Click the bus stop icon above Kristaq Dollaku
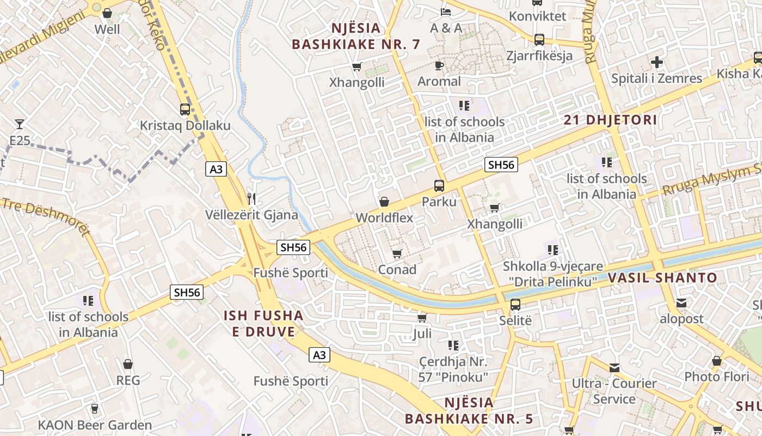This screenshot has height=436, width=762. tap(185, 109)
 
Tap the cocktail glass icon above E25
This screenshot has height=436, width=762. tap(20, 124)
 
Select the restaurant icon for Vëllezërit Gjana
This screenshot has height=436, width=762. tap(251, 198)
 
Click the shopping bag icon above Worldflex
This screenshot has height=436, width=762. tap(384, 202)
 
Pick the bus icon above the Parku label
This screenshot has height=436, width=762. tap(439, 185)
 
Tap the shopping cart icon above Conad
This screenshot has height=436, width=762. tap(397, 253)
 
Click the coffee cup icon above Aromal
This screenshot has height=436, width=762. tap(439, 65)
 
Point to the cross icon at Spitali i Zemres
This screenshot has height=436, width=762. tap(657, 62)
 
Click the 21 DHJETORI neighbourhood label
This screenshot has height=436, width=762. tap(610, 120)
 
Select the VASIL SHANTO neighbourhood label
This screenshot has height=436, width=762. tap(662, 278)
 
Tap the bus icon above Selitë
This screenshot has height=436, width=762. tap(515, 304)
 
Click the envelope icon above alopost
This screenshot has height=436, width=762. tap(681, 303)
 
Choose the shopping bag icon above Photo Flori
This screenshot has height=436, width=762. tap(717, 361)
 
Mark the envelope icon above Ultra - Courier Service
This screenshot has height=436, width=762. tap(614, 368)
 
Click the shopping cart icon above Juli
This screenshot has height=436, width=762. tap(422, 317)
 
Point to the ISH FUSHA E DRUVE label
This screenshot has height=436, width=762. tap(263, 323)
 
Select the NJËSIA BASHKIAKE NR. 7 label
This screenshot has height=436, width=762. tap(356, 36)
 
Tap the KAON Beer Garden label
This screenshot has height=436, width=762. tap(95, 425)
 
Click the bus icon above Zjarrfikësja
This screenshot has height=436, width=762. tap(539, 39)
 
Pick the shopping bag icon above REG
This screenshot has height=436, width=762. tap(128, 364)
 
